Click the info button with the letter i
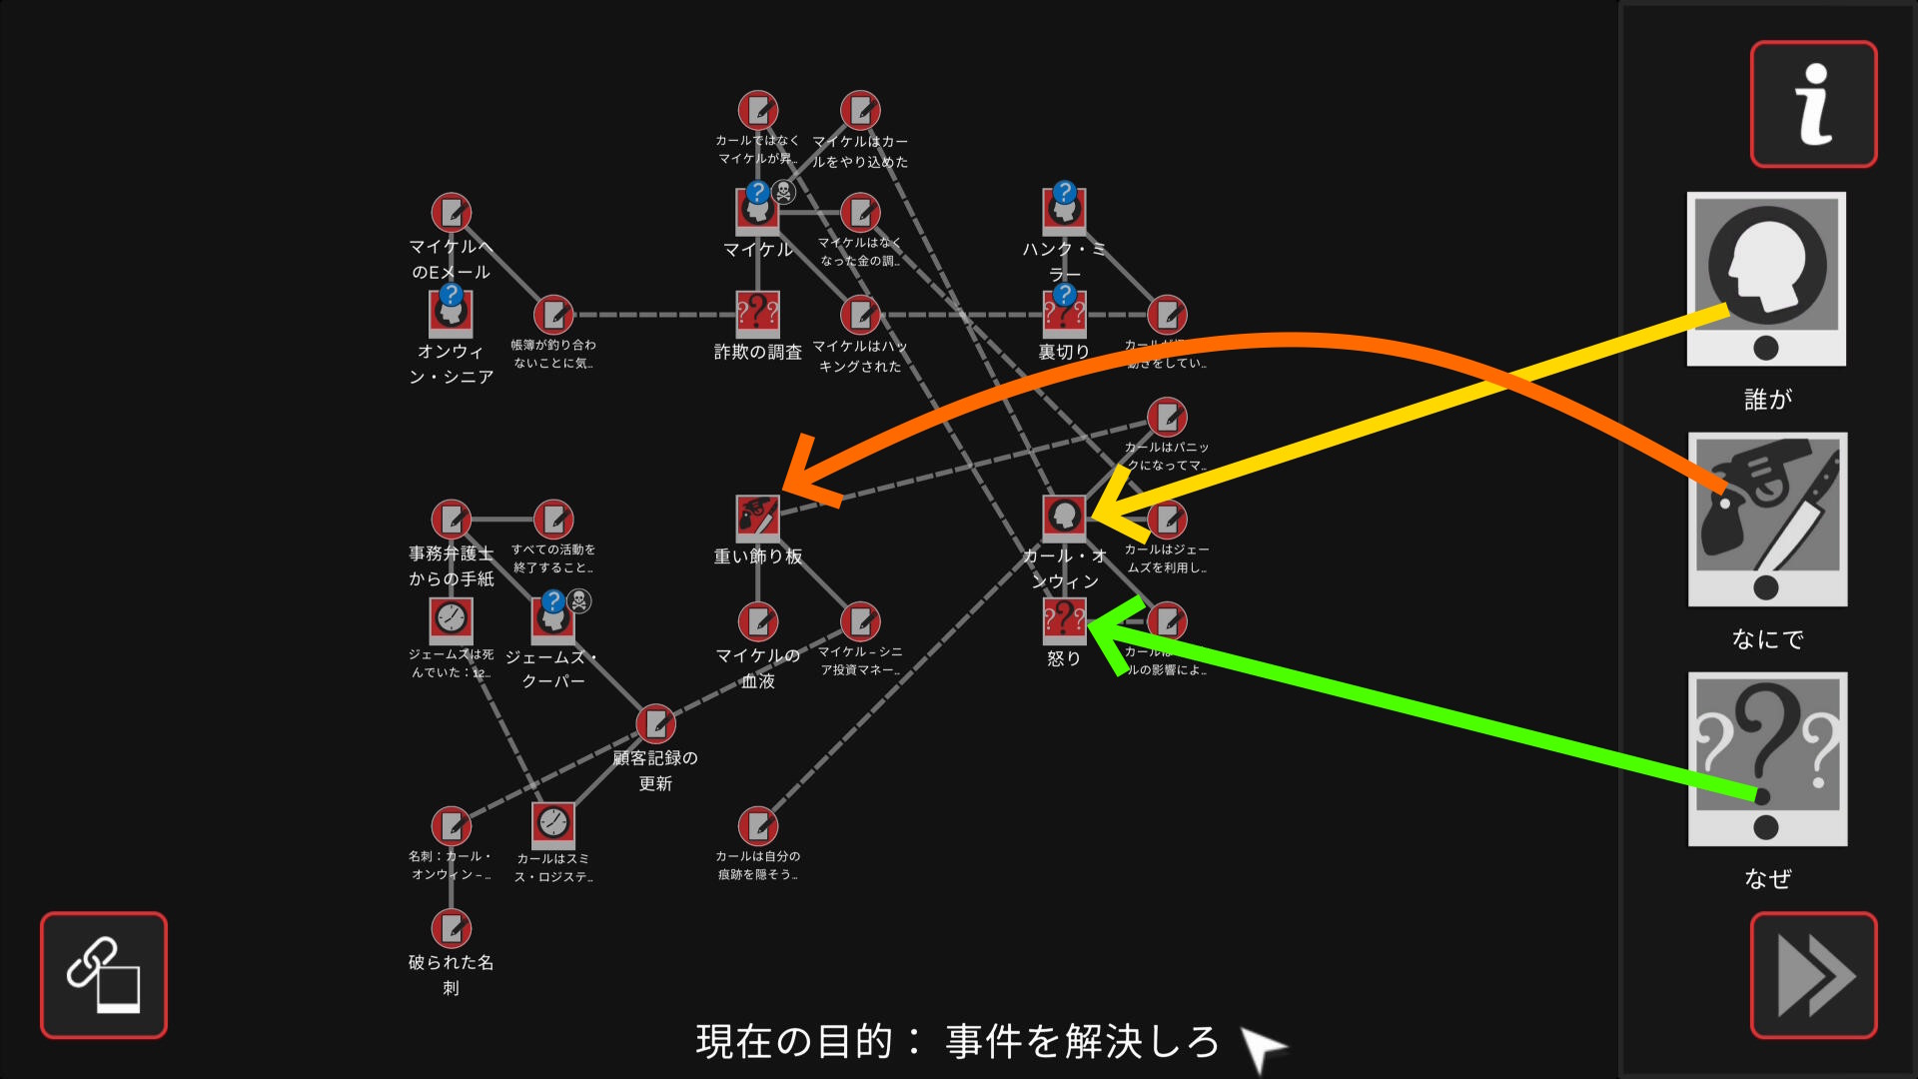[x=1813, y=104]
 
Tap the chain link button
[x=104, y=975]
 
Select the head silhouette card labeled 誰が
[x=1766, y=279]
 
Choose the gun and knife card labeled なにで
[x=1767, y=520]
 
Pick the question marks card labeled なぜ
[x=1767, y=759]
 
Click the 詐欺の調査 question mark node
[x=757, y=314]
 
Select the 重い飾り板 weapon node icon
[x=757, y=517]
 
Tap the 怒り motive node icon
[x=1064, y=619]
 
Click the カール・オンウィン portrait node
[x=1064, y=517]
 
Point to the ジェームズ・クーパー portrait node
[x=552, y=619]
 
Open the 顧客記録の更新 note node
[x=655, y=722]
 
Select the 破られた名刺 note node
[x=451, y=928]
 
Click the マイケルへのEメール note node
[x=451, y=213]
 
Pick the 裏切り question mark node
[x=1064, y=314]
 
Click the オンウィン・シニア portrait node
[x=451, y=314]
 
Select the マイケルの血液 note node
[x=757, y=621]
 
